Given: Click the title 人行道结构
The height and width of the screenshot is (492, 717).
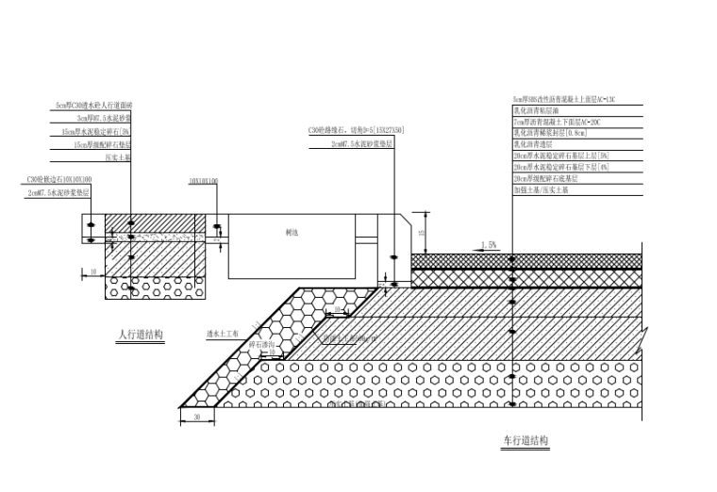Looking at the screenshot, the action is click(x=141, y=335).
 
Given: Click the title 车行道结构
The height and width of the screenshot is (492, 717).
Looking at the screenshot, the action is click(x=525, y=440).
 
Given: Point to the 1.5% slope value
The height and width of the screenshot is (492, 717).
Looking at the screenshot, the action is click(x=489, y=245).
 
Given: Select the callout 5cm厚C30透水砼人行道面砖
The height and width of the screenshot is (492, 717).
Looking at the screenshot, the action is click(x=94, y=106).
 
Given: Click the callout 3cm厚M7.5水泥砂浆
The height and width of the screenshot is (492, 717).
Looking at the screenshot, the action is click(x=105, y=119).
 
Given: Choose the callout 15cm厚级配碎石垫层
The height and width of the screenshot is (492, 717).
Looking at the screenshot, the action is click(x=103, y=145).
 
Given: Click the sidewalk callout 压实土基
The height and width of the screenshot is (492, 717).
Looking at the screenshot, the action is click(x=118, y=158).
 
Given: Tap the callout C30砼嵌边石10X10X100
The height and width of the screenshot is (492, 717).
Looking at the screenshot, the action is click(x=59, y=179).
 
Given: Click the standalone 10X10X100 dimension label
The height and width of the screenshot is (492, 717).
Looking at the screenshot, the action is click(x=203, y=179).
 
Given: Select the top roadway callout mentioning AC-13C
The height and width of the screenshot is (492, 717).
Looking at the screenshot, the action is click(x=564, y=99).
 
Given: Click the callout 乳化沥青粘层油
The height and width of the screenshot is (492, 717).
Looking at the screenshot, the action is click(x=534, y=110).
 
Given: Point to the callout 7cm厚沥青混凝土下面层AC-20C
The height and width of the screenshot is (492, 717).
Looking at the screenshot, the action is click(x=557, y=122).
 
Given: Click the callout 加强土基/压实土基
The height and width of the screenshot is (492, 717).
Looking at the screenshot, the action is click(x=541, y=189).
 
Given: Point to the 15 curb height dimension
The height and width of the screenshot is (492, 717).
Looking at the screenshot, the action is click(x=424, y=232).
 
